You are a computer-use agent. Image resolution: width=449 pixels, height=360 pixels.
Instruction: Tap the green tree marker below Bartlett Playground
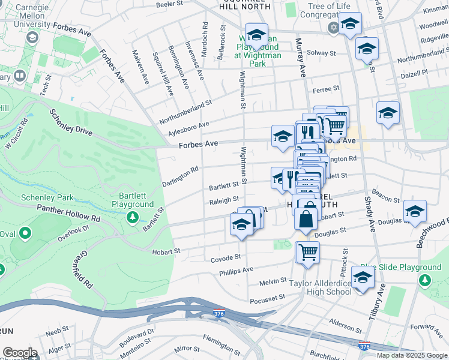132,217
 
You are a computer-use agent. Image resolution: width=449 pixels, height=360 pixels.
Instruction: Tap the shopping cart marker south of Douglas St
308,253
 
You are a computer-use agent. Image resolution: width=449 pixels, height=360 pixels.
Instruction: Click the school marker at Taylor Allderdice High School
363,278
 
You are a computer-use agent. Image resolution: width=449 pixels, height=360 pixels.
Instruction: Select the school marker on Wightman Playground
256,35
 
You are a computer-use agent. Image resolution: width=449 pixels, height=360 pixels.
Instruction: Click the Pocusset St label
268,298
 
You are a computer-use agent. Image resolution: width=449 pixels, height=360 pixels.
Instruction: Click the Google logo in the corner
20,353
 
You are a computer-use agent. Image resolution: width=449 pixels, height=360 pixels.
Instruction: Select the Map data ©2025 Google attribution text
412,355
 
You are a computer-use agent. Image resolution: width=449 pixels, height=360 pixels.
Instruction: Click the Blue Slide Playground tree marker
425,280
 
